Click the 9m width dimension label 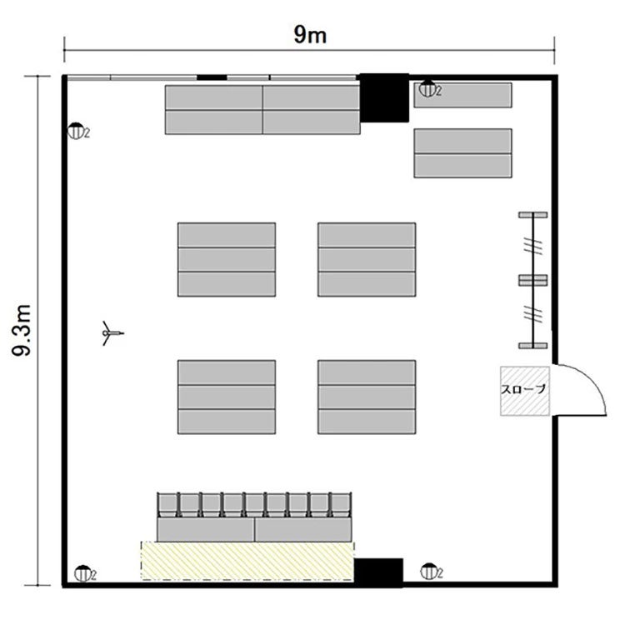tap(310, 34)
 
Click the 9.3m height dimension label tap(22, 331)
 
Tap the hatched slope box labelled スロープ tap(525, 391)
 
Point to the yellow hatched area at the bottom tap(247, 560)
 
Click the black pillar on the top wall tap(384, 97)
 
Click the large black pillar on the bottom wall tap(378, 572)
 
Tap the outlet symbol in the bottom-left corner tap(82, 573)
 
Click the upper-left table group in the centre tap(227, 259)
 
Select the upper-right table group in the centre tap(367, 259)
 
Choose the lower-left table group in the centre tap(227, 397)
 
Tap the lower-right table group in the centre tap(367, 397)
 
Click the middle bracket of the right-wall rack tap(533, 280)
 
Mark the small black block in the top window tap(212, 77)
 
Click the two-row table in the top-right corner tap(462, 153)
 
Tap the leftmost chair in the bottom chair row tap(167, 505)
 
